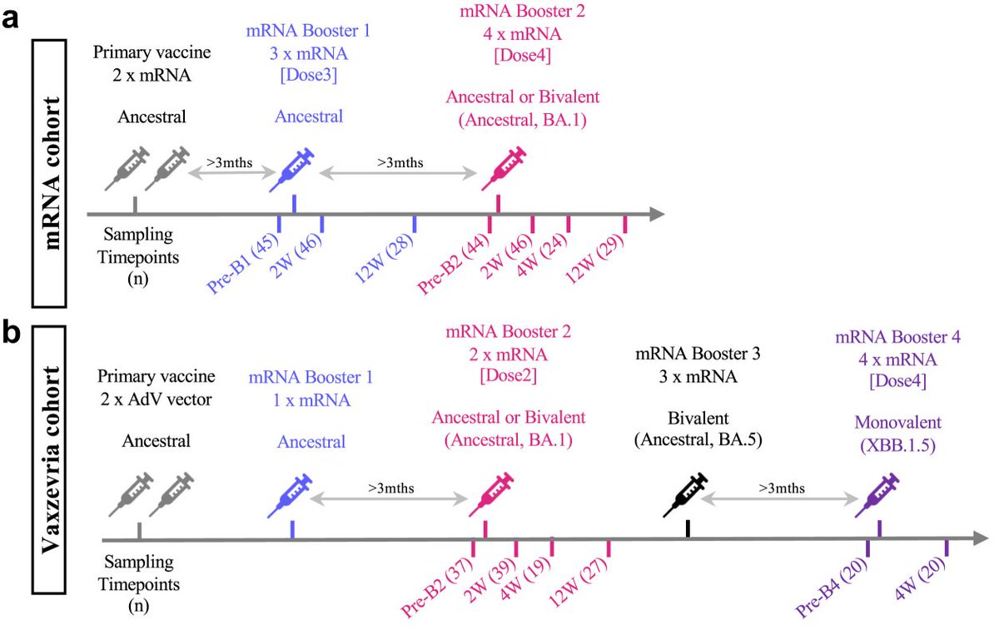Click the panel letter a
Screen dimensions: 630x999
(12, 17)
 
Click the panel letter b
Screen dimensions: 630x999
(12, 334)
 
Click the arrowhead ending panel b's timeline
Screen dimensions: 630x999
(967, 539)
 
